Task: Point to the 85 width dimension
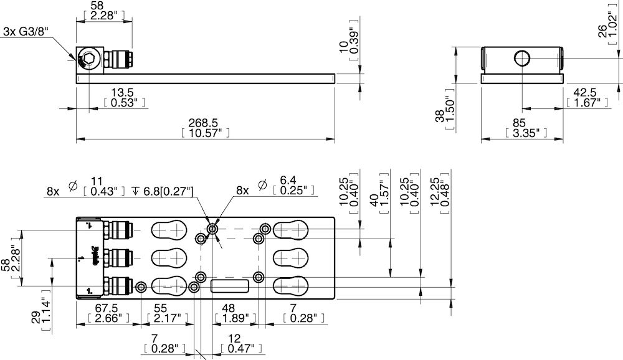click(x=523, y=123)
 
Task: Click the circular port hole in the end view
click(x=523, y=59)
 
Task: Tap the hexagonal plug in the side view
click(x=88, y=60)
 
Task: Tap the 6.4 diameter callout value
click(x=287, y=180)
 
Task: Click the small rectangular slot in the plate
click(x=230, y=286)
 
